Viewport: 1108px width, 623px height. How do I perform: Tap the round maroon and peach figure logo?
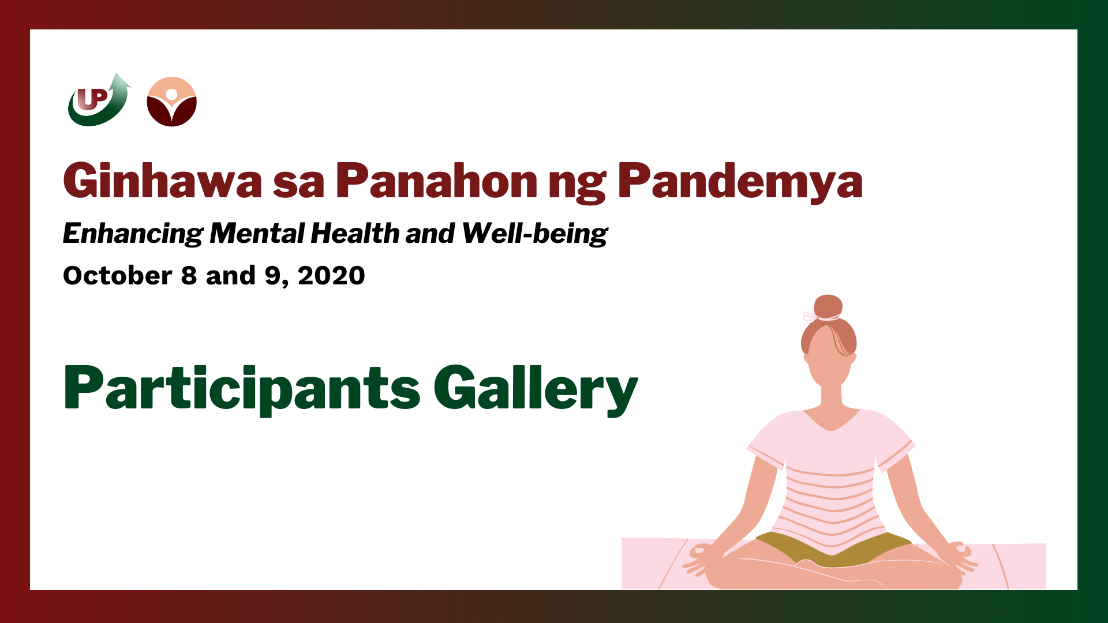click(172, 102)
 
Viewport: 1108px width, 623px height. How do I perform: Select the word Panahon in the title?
click(436, 181)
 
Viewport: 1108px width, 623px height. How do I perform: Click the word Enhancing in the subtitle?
click(133, 234)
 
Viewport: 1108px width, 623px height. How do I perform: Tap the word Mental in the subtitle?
click(257, 234)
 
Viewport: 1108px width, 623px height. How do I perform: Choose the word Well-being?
click(535, 234)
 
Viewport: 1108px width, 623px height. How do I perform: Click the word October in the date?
click(118, 276)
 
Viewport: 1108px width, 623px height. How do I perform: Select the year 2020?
click(332, 276)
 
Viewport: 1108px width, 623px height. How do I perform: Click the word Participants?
click(242, 389)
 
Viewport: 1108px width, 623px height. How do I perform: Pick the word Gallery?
click(536, 389)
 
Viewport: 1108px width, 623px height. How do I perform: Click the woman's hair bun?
click(828, 307)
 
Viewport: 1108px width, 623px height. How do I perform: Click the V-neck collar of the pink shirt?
click(831, 421)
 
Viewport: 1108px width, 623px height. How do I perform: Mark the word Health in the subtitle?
click(355, 234)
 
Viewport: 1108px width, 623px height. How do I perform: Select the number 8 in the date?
click(189, 276)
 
